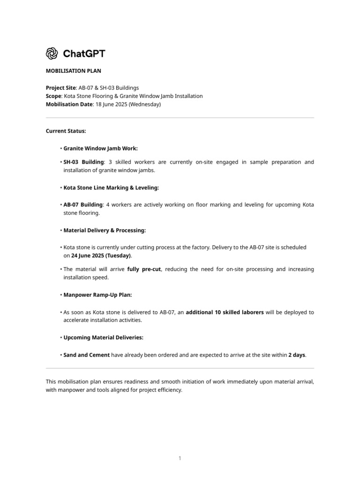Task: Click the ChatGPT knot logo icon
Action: point(52,53)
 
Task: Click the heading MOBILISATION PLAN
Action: point(73,71)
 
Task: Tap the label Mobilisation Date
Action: point(69,105)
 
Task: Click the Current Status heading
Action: point(66,131)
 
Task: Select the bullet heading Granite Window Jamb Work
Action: point(100,148)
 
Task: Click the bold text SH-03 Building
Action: point(83,162)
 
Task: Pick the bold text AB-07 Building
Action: point(83,205)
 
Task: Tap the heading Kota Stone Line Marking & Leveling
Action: point(111,187)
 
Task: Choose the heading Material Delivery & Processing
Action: point(105,230)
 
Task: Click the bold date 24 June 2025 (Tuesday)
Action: point(101,255)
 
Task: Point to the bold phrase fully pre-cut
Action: point(144,269)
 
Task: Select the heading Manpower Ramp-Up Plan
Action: point(97,295)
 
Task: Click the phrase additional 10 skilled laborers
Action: point(225,312)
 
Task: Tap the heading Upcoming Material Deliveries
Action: point(103,337)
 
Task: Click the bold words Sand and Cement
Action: point(87,355)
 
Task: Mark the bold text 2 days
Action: point(297,355)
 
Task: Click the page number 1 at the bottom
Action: point(180,458)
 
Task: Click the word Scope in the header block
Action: point(53,96)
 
